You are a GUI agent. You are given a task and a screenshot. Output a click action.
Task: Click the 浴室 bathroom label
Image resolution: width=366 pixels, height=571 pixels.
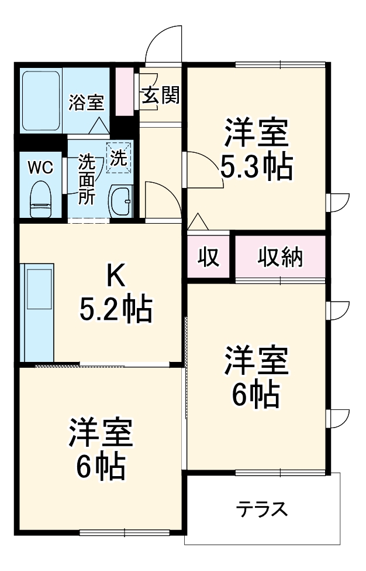point(86,102)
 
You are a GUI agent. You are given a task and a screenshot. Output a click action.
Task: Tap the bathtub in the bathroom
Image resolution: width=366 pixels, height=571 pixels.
point(41,101)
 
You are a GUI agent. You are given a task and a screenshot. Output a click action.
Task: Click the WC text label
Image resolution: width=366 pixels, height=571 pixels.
point(40,167)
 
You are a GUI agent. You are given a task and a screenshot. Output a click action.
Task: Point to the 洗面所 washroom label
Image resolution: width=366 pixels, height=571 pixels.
point(87,179)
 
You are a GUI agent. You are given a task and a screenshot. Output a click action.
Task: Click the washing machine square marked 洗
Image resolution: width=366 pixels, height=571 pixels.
point(119,158)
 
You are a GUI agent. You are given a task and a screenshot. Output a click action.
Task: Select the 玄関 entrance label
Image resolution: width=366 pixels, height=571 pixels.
point(160,95)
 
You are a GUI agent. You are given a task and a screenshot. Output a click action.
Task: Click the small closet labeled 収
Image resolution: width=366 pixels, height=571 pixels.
point(208,256)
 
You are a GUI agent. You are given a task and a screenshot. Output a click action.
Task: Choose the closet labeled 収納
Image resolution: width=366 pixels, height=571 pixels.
point(281,256)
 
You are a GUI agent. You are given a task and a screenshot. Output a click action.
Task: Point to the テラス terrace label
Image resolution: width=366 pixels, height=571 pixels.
point(263,508)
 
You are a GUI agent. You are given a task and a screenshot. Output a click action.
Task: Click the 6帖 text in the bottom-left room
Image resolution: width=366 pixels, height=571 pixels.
point(100,466)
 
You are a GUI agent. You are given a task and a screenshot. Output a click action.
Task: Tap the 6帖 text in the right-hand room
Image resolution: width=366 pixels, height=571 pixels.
point(255,396)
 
